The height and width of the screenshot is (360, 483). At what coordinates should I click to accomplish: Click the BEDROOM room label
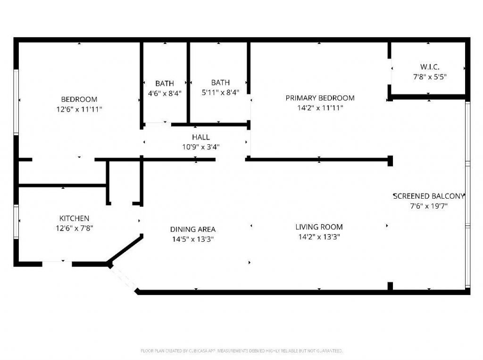point(79,99)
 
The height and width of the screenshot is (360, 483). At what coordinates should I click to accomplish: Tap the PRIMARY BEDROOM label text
point(320,98)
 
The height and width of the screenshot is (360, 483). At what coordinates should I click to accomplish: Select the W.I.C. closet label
point(430,67)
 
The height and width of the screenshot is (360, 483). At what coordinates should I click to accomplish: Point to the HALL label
point(200,137)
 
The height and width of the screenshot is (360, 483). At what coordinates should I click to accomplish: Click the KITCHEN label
point(74,218)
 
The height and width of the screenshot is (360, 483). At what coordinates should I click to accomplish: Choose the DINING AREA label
point(193,229)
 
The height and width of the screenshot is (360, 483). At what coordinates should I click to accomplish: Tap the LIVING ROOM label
point(319,227)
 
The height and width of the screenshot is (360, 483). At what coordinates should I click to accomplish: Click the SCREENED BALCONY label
point(429,196)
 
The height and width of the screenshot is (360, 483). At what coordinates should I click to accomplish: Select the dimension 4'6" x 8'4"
point(165,93)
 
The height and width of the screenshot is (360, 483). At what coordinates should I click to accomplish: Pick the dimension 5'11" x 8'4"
point(220,92)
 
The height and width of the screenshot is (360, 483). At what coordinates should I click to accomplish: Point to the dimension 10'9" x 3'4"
point(200,147)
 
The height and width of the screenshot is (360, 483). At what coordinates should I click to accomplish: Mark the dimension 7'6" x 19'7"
point(429,206)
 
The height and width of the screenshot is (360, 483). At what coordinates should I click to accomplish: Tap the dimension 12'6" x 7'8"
point(74,228)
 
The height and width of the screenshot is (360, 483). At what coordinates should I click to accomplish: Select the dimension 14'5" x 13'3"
point(193,239)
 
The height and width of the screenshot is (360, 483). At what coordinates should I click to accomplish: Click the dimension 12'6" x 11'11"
point(79,109)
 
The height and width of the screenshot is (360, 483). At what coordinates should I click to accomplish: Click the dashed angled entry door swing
point(124,278)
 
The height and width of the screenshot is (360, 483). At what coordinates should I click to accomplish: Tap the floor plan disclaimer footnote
point(241,351)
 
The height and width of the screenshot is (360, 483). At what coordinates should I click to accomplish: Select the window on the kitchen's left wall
point(16,222)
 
